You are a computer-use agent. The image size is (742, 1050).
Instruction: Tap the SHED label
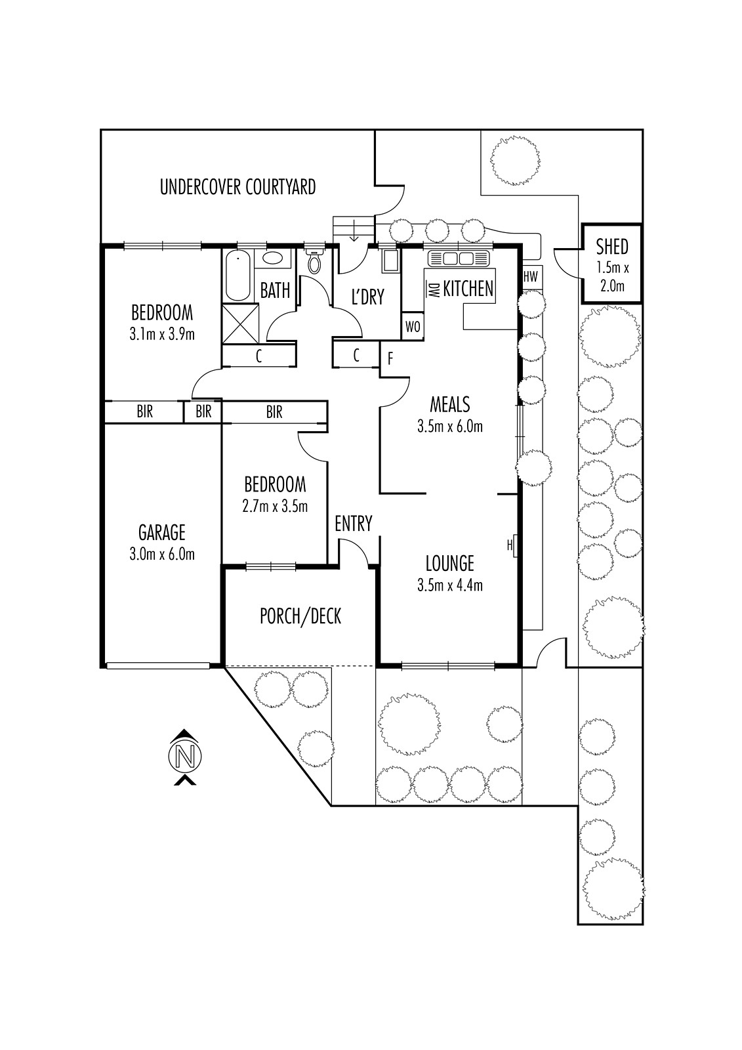point(611,247)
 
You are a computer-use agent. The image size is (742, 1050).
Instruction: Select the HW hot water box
point(530,277)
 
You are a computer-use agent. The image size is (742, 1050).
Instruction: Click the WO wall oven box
point(412,327)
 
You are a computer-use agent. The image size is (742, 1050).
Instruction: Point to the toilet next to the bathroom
point(315,262)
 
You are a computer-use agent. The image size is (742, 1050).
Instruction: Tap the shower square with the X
point(237,324)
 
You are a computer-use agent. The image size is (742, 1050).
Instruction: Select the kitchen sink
point(458,257)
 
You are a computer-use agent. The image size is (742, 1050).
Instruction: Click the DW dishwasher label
point(434,289)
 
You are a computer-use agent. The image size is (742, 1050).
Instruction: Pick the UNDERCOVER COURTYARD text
point(237,187)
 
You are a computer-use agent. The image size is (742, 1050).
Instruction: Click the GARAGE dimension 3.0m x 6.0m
point(162,554)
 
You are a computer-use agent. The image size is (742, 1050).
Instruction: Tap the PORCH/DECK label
point(300,616)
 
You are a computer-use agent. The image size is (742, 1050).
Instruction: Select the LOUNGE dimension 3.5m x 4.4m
point(449,585)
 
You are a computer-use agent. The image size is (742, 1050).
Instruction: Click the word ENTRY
point(353,524)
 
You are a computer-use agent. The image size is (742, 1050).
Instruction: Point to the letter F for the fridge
point(390,359)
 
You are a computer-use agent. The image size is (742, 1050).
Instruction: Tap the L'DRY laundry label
point(367,297)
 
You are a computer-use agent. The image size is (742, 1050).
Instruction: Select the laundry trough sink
point(390,261)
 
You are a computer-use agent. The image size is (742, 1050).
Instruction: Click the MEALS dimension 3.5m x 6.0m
point(449,427)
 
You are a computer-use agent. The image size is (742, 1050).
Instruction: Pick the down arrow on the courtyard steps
point(354,230)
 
